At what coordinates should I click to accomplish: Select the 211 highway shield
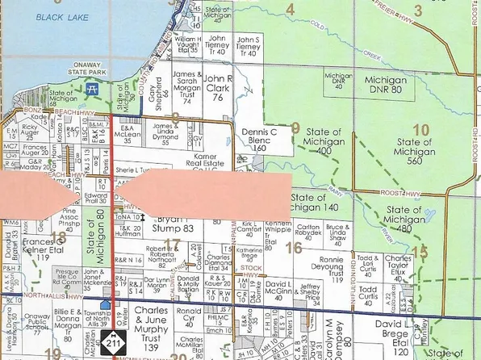click(110, 345)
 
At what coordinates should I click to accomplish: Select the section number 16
click(294, 247)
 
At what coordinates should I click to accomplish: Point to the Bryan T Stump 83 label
click(174, 224)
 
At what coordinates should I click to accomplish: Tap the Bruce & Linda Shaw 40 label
click(337, 234)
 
